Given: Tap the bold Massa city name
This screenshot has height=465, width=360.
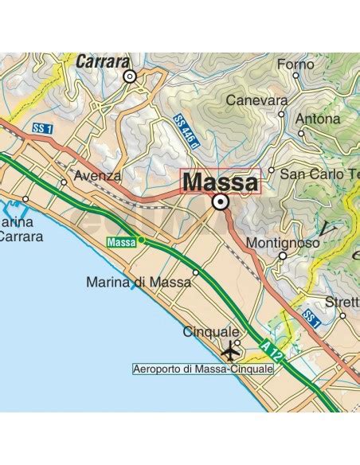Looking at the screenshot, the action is [x=220, y=182].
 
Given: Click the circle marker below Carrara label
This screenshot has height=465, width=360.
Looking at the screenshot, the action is [x=130, y=76].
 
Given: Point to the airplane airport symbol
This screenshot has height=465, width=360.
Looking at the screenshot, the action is [x=232, y=350].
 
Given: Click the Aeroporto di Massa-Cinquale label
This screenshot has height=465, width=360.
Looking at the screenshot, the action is [x=203, y=369].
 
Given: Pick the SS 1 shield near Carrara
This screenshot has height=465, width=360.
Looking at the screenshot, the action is [x=43, y=128].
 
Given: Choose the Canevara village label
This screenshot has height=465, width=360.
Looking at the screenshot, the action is [x=256, y=101].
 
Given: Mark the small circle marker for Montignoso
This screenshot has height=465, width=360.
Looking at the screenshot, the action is [x=283, y=256].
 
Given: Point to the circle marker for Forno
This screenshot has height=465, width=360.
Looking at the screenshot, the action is [x=295, y=76].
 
